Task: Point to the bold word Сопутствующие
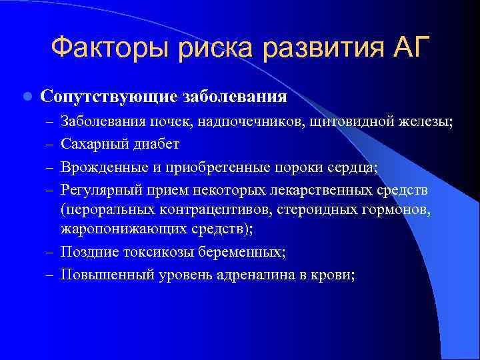click(x=109, y=97)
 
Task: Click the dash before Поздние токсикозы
click(x=50, y=252)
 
